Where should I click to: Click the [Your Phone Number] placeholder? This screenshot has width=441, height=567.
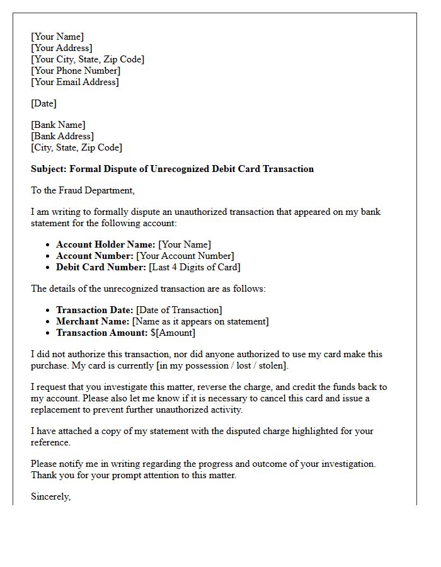pyautogui.click(x=76, y=71)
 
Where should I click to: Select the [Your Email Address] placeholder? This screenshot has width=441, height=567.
pyautogui.click(x=74, y=82)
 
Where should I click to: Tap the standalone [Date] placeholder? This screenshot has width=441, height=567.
pyautogui.click(x=43, y=103)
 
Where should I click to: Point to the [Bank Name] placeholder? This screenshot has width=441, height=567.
pyautogui.click(x=58, y=125)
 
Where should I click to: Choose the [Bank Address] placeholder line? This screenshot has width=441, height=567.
pyautogui.click(x=62, y=136)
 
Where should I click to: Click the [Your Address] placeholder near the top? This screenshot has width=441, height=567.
pyautogui.click(x=61, y=48)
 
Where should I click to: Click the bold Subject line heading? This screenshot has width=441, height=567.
pyautogui.click(x=172, y=169)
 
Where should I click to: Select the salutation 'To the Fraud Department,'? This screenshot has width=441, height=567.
pyautogui.click(x=83, y=190)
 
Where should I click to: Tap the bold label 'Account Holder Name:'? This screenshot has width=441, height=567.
pyautogui.click(x=105, y=244)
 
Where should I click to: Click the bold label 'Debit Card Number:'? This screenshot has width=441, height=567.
pyautogui.click(x=101, y=267)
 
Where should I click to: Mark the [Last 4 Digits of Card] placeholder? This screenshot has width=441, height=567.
pyautogui.click(x=195, y=267)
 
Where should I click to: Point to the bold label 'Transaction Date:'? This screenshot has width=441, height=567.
pyautogui.click(x=94, y=310)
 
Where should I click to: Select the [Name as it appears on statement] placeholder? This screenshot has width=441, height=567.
pyautogui.click(x=200, y=321)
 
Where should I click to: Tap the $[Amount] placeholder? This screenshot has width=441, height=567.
pyautogui.click(x=173, y=333)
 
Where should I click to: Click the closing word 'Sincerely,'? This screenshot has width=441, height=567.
pyautogui.click(x=50, y=496)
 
